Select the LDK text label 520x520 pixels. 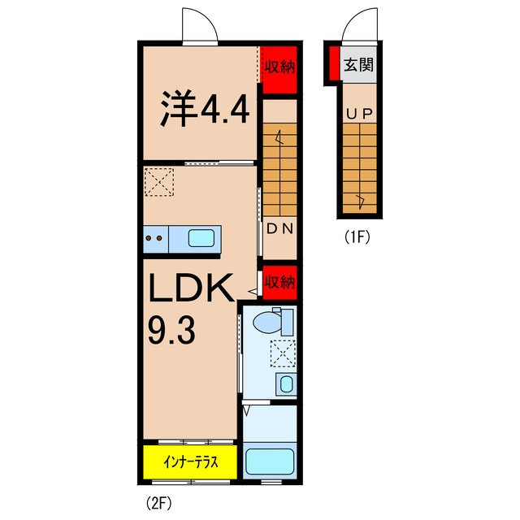pyautogui.click(x=191, y=289)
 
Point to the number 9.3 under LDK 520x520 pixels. pyautogui.click(x=171, y=331)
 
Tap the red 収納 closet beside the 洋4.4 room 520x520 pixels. pyautogui.click(x=279, y=67)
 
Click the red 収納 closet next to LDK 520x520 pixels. pyautogui.click(x=279, y=282)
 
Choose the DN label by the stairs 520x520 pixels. pyautogui.click(x=279, y=228)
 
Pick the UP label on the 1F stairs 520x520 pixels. pyautogui.click(x=358, y=115)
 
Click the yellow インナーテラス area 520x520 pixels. pyautogui.click(x=189, y=462)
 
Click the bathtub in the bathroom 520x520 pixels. pyautogui.click(x=269, y=462)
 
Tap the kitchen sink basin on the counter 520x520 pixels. pyautogui.click(x=202, y=238)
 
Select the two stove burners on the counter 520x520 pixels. pyautogui.click(x=154, y=238)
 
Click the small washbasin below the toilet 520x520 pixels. pyautogui.click(x=284, y=383)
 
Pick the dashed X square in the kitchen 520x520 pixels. pyautogui.click(x=158, y=182)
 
